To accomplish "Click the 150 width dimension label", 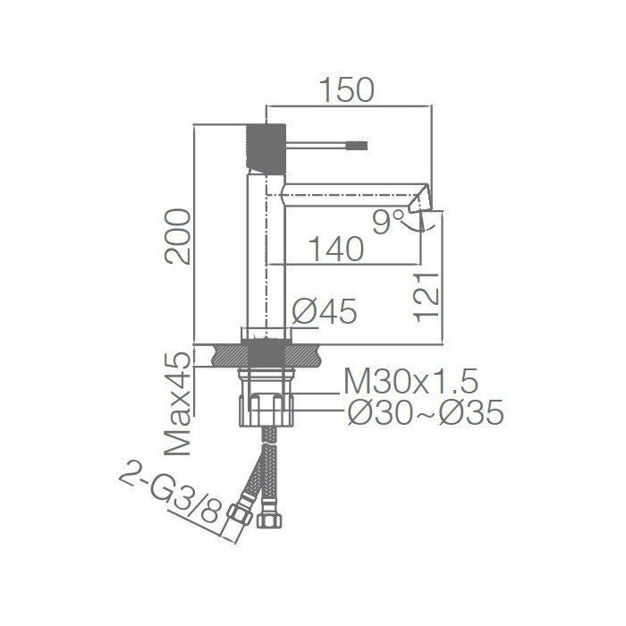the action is tap(348, 89).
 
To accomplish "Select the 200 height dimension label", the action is tap(178, 236).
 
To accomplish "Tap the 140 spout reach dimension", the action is tap(336, 249).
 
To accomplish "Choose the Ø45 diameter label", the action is tap(324, 311).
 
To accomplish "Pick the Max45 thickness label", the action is tap(178, 403).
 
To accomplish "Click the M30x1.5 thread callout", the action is tap(410, 382).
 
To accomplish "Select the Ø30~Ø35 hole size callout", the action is tap(426, 413).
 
